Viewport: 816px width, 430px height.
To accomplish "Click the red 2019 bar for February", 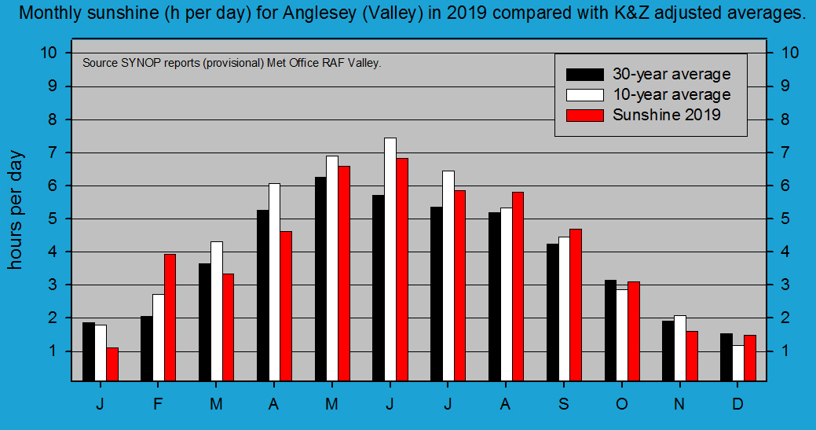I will click(170, 318).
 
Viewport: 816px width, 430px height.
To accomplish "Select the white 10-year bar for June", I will click(390, 259).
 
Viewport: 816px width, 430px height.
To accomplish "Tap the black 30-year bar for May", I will click(320, 279).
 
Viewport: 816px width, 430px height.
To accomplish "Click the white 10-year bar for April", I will click(274, 282).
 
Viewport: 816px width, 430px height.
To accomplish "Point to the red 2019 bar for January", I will click(112, 364).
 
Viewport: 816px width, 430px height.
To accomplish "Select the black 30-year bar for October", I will click(610, 330).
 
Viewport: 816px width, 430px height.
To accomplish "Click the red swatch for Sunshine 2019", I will click(585, 115).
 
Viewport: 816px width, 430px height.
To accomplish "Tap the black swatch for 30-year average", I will click(585, 75).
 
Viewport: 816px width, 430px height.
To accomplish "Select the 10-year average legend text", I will click(671, 94).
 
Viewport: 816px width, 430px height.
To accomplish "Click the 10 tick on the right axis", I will click(791, 53).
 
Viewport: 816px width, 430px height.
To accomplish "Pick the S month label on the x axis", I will click(563, 403).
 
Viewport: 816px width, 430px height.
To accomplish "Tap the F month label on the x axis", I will click(158, 403).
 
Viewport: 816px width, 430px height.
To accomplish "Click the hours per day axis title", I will click(16, 210).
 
